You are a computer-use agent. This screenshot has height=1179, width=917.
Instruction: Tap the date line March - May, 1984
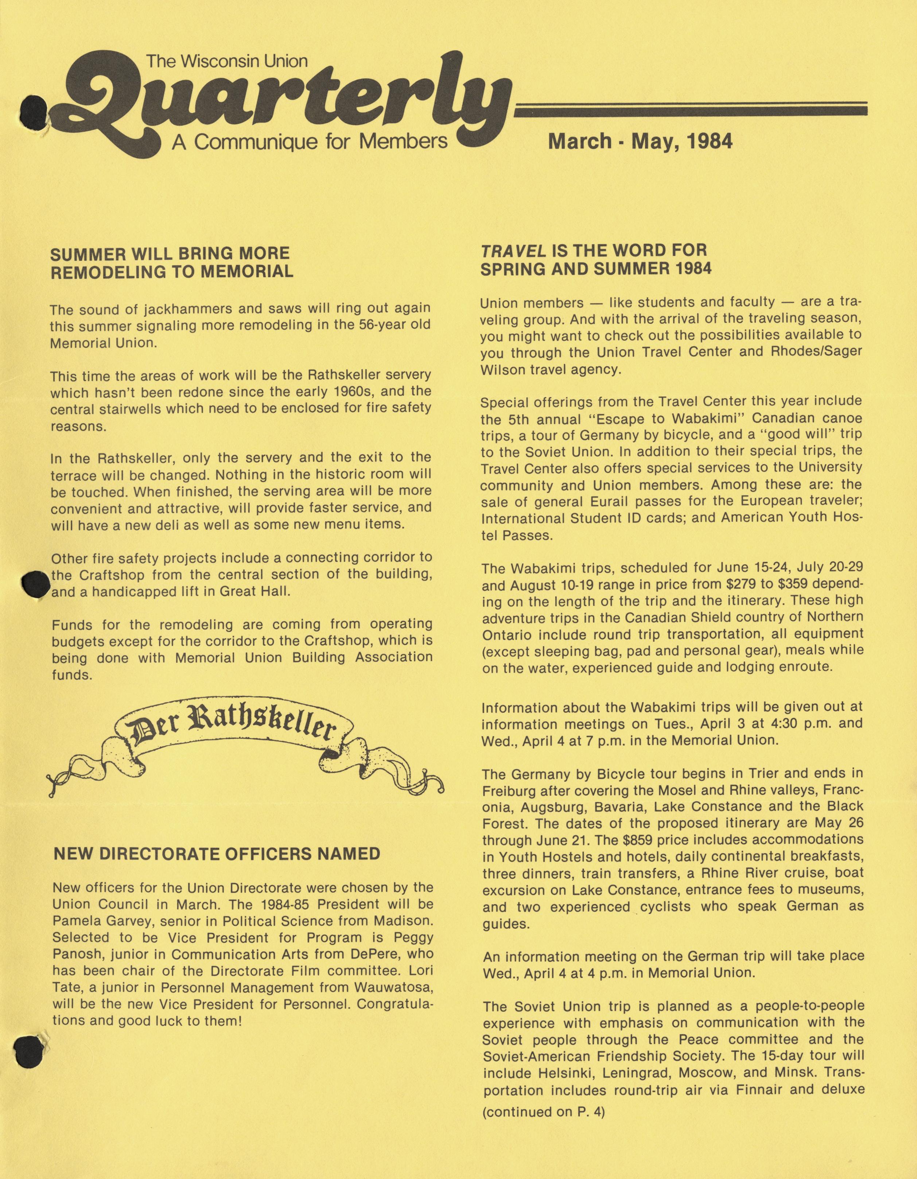pyautogui.click(x=640, y=142)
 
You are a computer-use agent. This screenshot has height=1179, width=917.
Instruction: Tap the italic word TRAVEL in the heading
pyautogui.click(x=512, y=251)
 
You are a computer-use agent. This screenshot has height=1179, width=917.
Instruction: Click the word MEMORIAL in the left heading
pyautogui.click(x=248, y=271)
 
